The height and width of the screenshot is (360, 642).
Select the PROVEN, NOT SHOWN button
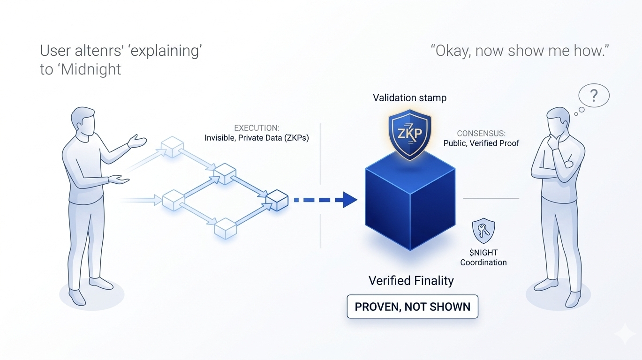point(412,307)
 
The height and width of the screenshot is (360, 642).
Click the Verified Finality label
point(411,280)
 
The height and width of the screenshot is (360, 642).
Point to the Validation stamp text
point(409,98)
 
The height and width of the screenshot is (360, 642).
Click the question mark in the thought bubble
point(594,96)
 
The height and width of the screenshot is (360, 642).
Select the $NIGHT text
point(483,253)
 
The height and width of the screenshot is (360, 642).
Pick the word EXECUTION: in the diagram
point(256,128)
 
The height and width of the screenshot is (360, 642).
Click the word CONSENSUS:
point(481,133)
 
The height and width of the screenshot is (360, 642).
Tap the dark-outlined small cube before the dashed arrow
point(276,201)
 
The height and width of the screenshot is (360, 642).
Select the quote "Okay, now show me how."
point(519,51)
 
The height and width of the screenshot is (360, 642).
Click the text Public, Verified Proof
point(481,143)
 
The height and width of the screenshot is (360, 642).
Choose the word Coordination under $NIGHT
point(483,262)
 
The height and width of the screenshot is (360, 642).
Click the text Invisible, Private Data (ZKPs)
point(257,138)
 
